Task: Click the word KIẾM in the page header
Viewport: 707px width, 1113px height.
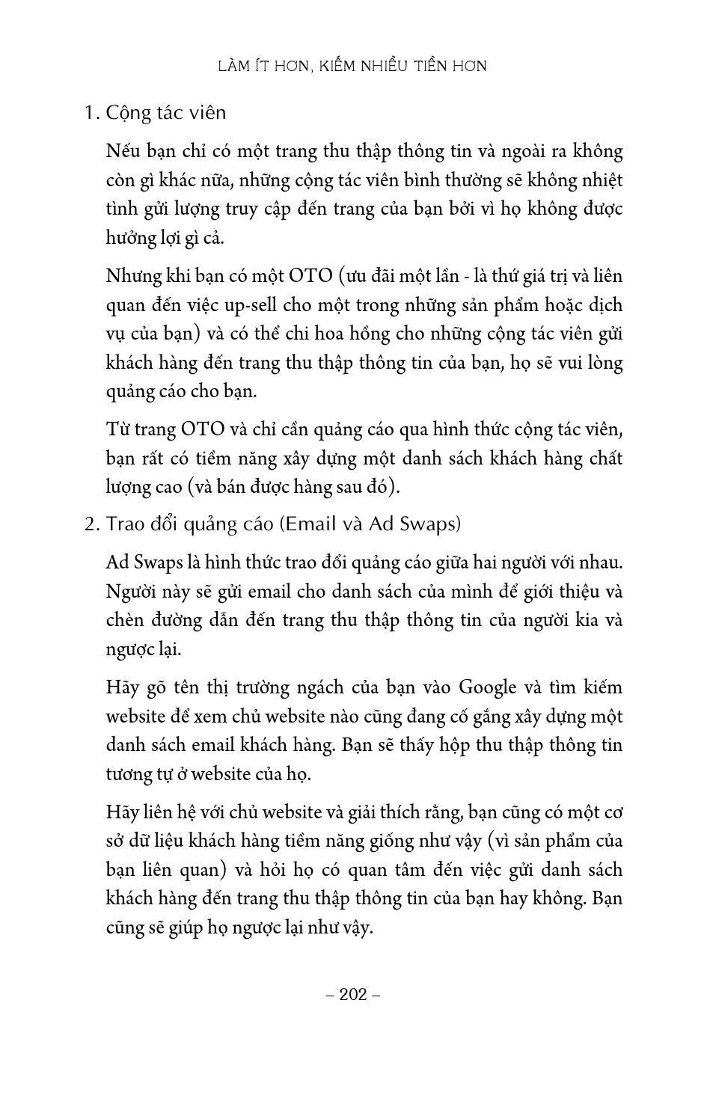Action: pos(340,67)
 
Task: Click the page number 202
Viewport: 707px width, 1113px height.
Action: pos(354,994)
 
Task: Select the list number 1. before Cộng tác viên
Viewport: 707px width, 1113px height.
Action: pos(92,113)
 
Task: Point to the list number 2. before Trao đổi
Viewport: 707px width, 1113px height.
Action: pos(92,524)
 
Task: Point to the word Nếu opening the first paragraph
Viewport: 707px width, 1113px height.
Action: pos(123,151)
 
